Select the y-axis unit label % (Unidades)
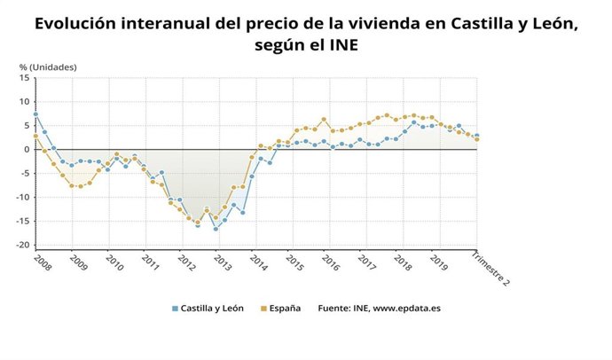(48, 67)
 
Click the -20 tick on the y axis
(24, 245)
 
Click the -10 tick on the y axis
(24, 197)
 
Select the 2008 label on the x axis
(42, 264)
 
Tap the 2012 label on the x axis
(186, 264)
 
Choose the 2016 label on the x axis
(330, 264)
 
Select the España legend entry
(280, 309)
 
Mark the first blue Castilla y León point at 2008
(35, 114)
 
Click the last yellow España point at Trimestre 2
(477, 139)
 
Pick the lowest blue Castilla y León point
(216, 229)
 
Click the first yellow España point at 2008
(35, 137)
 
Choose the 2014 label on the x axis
(258, 264)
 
